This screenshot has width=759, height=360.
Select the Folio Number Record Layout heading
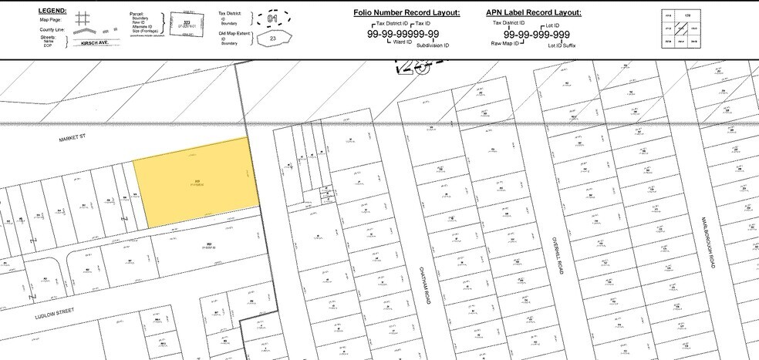coord(406,13)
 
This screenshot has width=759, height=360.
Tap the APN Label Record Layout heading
coord(534,13)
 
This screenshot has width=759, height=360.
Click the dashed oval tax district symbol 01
coord(271,17)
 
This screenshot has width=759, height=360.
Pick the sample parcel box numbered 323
coord(185,23)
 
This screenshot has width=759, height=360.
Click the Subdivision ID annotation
coord(433,46)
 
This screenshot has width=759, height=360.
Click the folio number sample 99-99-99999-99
coord(403,34)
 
